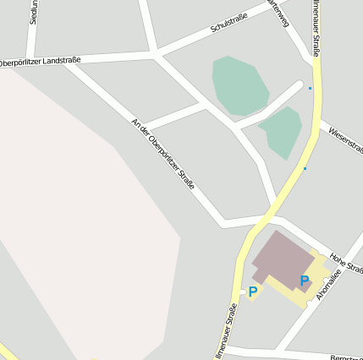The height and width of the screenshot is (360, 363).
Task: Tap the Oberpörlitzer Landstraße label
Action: [x=41, y=62]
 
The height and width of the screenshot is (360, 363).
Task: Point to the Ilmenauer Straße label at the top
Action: [x=316, y=30]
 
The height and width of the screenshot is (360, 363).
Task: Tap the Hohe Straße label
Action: [x=345, y=263]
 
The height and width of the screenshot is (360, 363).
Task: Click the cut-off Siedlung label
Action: [x=33, y=11]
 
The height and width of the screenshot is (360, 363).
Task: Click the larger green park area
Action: [x=239, y=85]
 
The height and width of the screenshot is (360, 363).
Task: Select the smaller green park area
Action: [x=282, y=131]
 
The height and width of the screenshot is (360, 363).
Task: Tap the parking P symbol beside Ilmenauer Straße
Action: [x=252, y=292]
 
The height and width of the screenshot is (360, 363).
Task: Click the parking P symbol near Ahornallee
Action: [x=305, y=281]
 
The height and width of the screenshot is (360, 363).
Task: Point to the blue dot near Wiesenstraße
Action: [x=310, y=88]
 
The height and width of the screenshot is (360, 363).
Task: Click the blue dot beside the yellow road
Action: [x=305, y=168]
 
